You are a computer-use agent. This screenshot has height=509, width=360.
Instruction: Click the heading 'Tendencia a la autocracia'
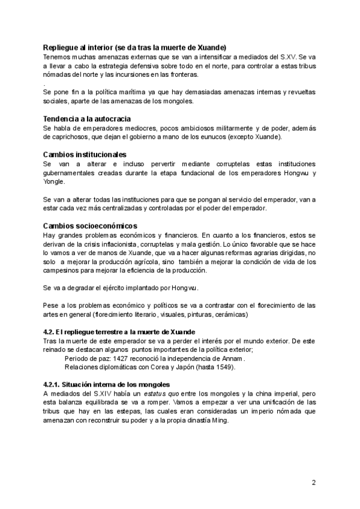click(87, 119)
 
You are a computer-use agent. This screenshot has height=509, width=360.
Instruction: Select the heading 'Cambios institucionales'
click(84, 155)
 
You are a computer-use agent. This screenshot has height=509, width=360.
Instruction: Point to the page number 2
click(313, 482)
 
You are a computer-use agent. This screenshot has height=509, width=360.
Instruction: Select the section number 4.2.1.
click(53, 384)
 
